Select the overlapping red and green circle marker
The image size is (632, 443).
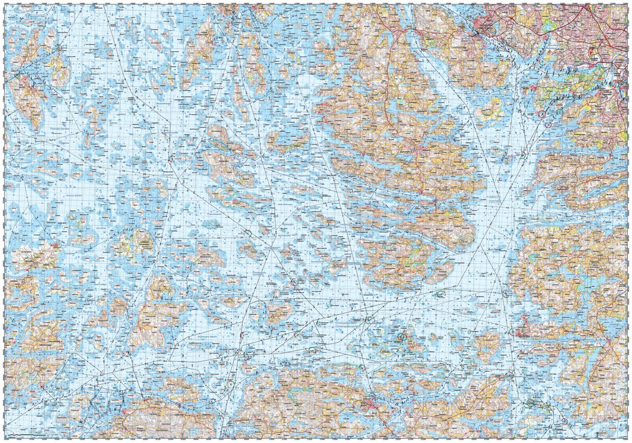[x=401, y=337]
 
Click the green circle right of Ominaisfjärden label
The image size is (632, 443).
[x=369, y=319]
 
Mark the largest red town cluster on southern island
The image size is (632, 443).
[x=370, y=404]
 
